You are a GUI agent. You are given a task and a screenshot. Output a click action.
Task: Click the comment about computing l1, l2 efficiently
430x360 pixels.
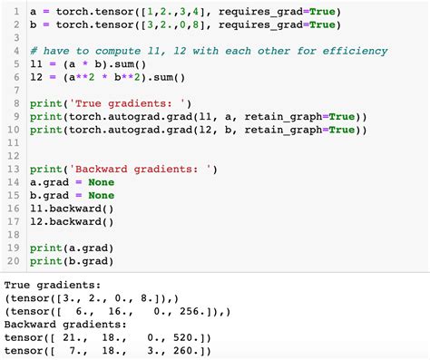click(x=208, y=51)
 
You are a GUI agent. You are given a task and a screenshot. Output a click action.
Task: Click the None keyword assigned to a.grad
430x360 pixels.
click(x=102, y=182)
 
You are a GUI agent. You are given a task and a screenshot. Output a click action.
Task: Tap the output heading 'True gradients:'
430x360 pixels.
click(x=54, y=284)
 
